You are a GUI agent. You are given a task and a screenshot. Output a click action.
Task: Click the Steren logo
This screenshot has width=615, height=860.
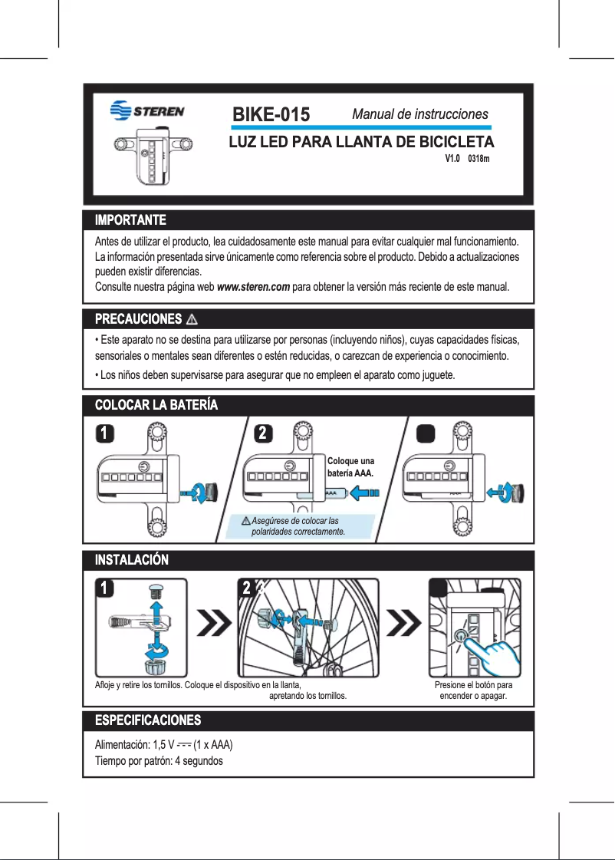click(147, 110)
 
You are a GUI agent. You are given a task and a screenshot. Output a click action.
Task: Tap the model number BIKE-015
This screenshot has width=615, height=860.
click(271, 115)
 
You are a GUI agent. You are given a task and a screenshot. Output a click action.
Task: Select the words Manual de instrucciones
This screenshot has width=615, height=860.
click(419, 114)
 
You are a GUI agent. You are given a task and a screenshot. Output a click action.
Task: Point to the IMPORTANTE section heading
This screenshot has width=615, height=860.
click(130, 221)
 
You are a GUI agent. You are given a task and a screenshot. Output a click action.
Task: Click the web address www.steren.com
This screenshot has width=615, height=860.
click(253, 287)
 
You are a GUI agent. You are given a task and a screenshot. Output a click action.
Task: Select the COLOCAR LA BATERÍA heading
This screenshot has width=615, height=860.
click(156, 404)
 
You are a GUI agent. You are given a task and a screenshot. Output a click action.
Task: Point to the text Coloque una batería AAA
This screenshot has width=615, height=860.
click(350, 467)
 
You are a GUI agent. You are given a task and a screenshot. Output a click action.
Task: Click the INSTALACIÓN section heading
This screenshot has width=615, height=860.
click(131, 560)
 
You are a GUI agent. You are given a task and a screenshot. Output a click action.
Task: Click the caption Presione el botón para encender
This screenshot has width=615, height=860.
click(473, 690)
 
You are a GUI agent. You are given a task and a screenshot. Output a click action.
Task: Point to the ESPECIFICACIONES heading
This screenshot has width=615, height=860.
click(147, 720)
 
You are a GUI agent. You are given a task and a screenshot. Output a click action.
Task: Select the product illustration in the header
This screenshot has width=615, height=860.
click(153, 154)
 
